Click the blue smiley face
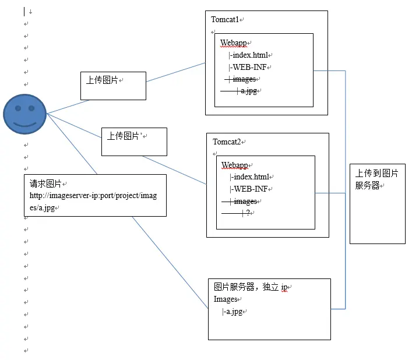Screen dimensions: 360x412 (x=24, y=114)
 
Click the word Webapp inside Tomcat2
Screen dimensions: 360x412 (x=235, y=165)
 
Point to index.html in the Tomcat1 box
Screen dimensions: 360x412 (x=250, y=55)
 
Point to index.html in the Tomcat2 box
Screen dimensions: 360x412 (x=251, y=177)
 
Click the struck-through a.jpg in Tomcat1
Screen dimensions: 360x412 (x=249, y=91)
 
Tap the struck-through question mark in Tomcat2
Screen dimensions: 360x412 (x=248, y=213)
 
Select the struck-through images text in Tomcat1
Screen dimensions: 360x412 (x=244, y=79)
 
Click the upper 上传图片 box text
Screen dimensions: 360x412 (x=103, y=80)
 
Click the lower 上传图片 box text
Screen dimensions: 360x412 (x=124, y=136)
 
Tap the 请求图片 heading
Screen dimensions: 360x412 (x=46, y=183)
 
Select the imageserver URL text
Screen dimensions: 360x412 (x=93, y=201)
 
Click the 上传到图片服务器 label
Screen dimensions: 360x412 (x=377, y=179)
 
